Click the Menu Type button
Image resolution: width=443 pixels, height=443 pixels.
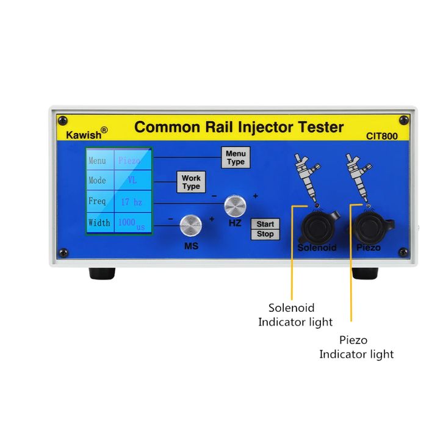click(236, 157)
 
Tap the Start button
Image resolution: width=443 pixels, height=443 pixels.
click(265, 225)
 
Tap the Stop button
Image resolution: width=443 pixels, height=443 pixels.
click(265, 234)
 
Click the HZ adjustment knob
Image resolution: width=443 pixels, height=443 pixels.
click(235, 206)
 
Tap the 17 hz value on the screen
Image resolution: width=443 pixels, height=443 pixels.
click(131, 201)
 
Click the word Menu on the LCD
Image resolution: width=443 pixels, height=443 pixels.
click(98, 161)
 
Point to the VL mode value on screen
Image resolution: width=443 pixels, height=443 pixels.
click(132, 181)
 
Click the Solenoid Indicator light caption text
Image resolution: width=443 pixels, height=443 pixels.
click(295, 315)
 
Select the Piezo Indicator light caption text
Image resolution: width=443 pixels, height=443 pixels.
click(356, 347)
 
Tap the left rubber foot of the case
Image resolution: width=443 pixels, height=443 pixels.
click(102, 273)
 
